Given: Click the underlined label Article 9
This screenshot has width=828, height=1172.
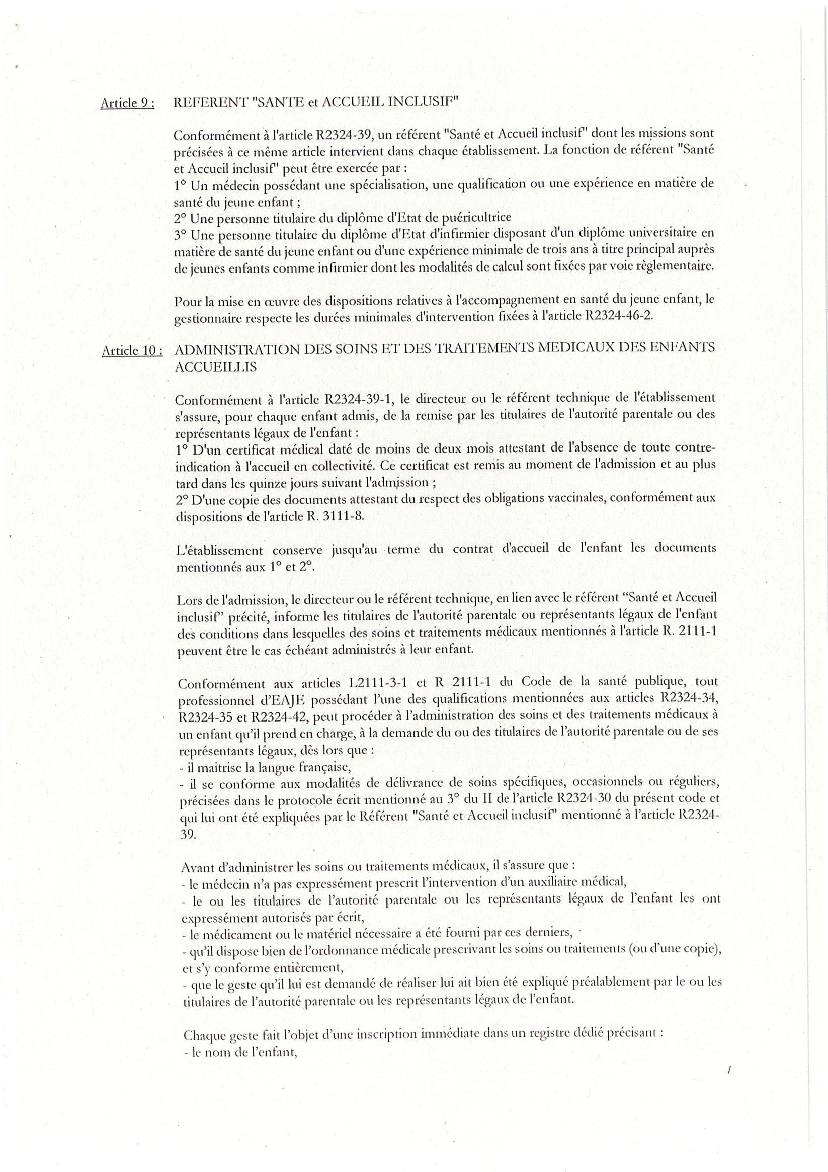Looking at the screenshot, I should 127,103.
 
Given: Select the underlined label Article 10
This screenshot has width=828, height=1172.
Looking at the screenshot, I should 132,350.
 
